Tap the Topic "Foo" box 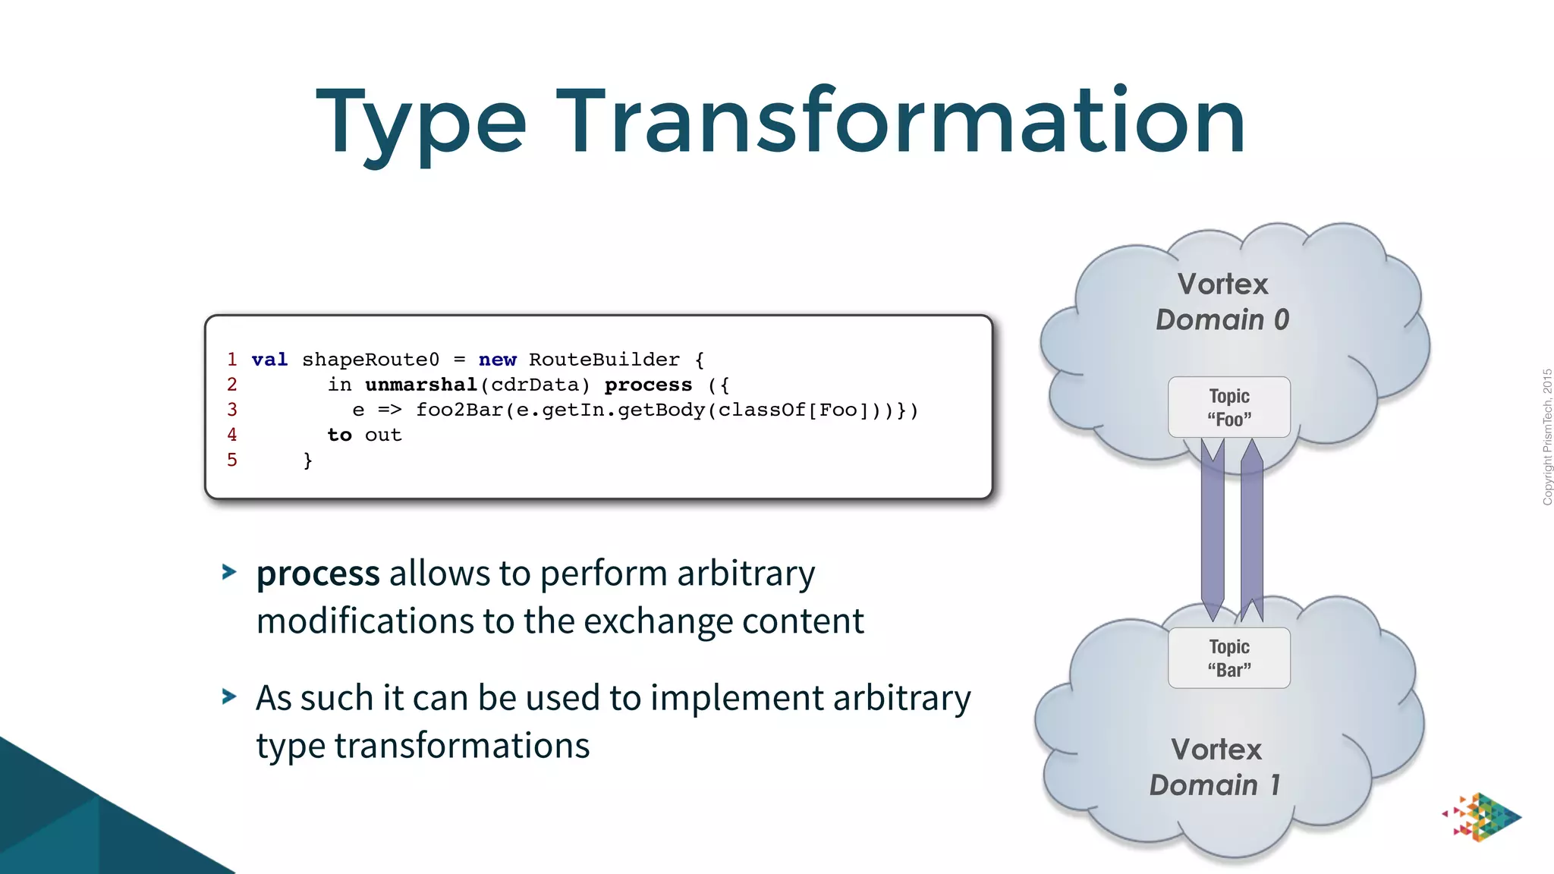[x=1228, y=407]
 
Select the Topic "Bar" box [x=1228, y=658]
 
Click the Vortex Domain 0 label [x=1222, y=302]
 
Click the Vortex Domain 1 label [x=1216, y=767]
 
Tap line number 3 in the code [x=232, y=410]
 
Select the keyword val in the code [x=269, y=360]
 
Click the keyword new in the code [x=497, y=360]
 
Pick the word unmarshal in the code [x=421, y=385]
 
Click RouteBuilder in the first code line [x=604, y=360]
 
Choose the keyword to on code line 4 [x=339, y=435]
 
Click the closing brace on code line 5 [x=307, y=461]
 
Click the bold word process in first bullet [x=318, y=574]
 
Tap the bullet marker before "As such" [x=228, y=696]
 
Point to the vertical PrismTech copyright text [x=1547, y=437]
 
